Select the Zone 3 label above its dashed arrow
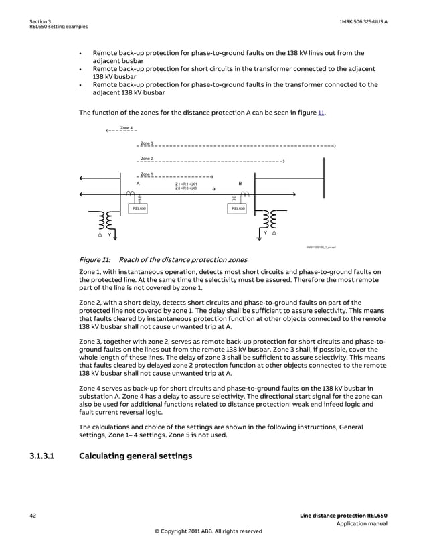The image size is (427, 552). click(x=147, y=143)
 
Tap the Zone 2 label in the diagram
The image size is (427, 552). click(x=147, y=159)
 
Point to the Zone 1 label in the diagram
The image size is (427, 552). click(x=147, y=174)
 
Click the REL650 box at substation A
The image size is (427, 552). click(x=139, y=209)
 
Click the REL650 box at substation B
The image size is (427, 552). click(x=238, y=209)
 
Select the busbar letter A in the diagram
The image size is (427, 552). click(x=138, y=183)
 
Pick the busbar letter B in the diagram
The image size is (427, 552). click(x=240, y=183)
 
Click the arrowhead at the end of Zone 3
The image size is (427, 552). click(x=333, y=145)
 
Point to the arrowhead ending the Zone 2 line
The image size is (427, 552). click(x=284, y=161)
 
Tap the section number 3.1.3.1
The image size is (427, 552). click(x=45, y=456)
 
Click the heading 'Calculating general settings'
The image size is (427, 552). click(x=135, y=456)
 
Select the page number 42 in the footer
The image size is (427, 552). click(x=33, y=515)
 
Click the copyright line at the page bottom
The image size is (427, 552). click(x=208, y=531)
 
